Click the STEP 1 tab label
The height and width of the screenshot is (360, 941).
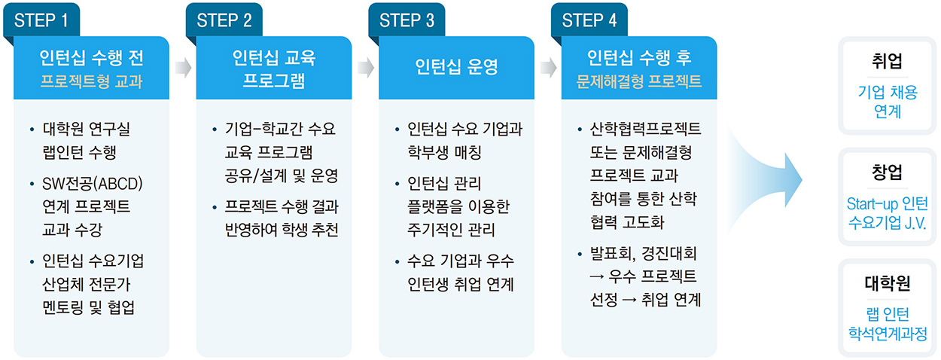click(41, 20)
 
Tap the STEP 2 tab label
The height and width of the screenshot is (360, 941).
click(224, 20)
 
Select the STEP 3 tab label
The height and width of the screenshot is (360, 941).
click(407, 20)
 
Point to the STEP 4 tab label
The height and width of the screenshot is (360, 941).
click(589, 20)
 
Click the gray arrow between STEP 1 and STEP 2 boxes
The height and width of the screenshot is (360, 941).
click(183, 68)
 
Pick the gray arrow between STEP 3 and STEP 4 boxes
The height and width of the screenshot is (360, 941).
click(548, 68)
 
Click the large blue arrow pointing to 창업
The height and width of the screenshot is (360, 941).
click(765, 180)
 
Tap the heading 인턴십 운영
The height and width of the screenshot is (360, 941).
click(456, 66)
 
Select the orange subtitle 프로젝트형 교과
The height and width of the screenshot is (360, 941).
click(92, 81)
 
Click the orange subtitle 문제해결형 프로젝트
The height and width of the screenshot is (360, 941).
click(639, 81)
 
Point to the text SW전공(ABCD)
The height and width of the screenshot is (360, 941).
click(93, 184)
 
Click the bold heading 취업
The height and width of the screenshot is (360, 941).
click(887, 61)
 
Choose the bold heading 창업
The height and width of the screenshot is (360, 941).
click(887, 172)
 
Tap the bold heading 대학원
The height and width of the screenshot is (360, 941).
click(888, 283)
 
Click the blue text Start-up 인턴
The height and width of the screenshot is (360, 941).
click(888, 204)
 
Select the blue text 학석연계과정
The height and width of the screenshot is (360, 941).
click(888, 334)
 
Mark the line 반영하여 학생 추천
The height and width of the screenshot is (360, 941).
click(282, 230)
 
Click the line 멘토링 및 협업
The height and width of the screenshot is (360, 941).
click(88, 307)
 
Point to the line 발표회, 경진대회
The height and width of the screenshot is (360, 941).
click(643, 253)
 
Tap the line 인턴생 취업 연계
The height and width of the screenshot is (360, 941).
click(461, 285)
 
